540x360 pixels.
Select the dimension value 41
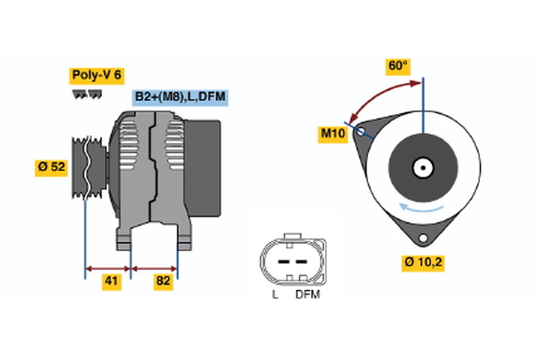click(111, 282)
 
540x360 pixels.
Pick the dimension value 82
click(164, 282)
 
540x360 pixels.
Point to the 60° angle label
click(398, 66)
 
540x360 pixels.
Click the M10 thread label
click(333, 134)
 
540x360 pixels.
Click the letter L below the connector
click(274, 294)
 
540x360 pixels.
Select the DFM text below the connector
click(308, 294)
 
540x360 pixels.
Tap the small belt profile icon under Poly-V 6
click(86, 93)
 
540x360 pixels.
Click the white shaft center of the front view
click(421, 166)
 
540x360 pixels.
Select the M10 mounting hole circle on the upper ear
click(362, 131)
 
